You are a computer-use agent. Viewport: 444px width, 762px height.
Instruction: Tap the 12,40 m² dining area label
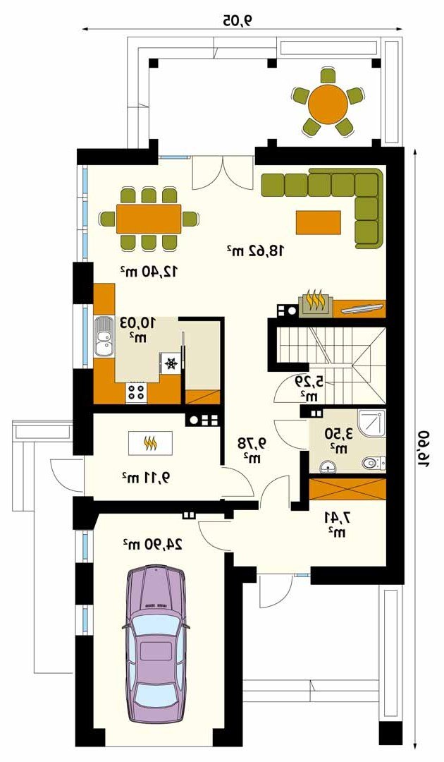pyautogui.click(x=151, y=271)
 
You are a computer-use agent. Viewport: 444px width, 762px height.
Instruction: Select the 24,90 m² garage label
pyautogui.click(x=152, y=544)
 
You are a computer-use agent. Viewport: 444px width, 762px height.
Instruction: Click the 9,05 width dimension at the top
pyautogui.click(x=239, y=20)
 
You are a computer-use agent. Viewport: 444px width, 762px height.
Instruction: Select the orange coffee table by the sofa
pyautogui.click(x=319, y=222)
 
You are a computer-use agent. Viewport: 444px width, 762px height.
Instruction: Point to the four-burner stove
pyautogui.click(x=136, y=392)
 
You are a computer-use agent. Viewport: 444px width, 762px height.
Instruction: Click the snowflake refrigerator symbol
pyautogui.click(x=171, y=363)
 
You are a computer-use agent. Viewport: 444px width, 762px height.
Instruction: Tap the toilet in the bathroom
pyautogui.click(x=375, y=464)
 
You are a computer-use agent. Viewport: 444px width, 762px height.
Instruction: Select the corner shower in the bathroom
pyautogui.click(x=372, y=423)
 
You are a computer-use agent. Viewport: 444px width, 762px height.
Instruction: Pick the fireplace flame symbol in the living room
pyautogui.click(x=314, y=301)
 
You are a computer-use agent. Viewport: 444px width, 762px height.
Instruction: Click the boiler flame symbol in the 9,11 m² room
pyautogui.click(x=150, y=442)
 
